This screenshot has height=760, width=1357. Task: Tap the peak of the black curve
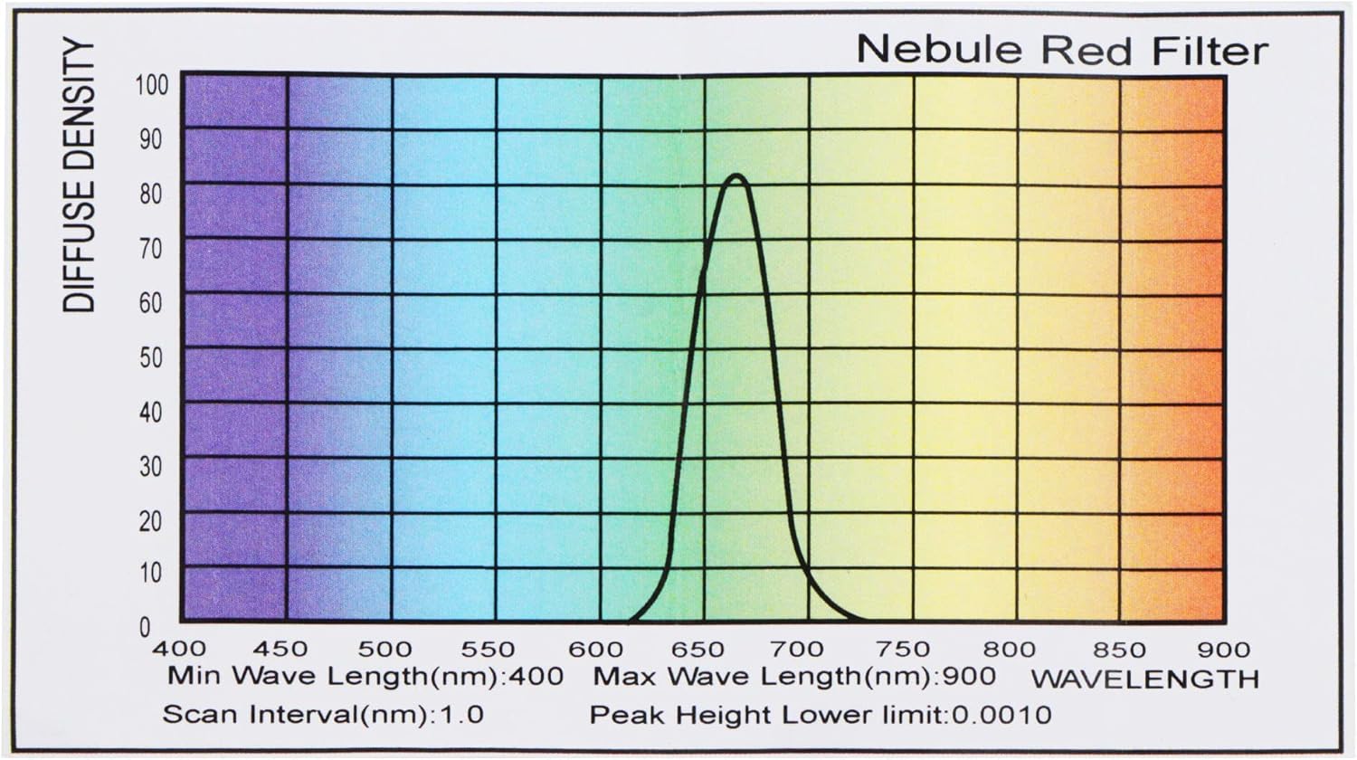pyautogui.click(x=736, y=176)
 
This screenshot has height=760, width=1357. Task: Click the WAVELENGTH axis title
pyautogui.click(x=1144, y=679)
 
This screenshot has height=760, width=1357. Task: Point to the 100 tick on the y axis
pyautogui.click(x=151, y=85)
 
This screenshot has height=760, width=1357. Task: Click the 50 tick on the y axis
pyautogui.click(x=151, y=357)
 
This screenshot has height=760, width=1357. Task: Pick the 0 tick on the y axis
pyautogui.click(x=145, y=626)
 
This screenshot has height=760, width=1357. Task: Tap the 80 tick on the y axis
pyautogui.click(x=151, y=194)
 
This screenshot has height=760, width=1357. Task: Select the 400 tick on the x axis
pyautogui.click(x=179, y=649)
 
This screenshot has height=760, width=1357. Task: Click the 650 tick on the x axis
pyautogui.click(x=697, y=649)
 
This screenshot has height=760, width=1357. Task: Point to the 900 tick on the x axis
pyautogui.click(x=1223, y=649)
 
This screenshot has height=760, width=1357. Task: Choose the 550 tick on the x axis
pyautogui.click(x=488, y=649)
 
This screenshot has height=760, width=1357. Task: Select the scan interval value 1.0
pyautogui.click(x=461, y=715)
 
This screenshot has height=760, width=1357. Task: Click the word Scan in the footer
pyautogui.click(x=201, y=715)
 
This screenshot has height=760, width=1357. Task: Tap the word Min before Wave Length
pyautogui.click(x=194, y=677)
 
